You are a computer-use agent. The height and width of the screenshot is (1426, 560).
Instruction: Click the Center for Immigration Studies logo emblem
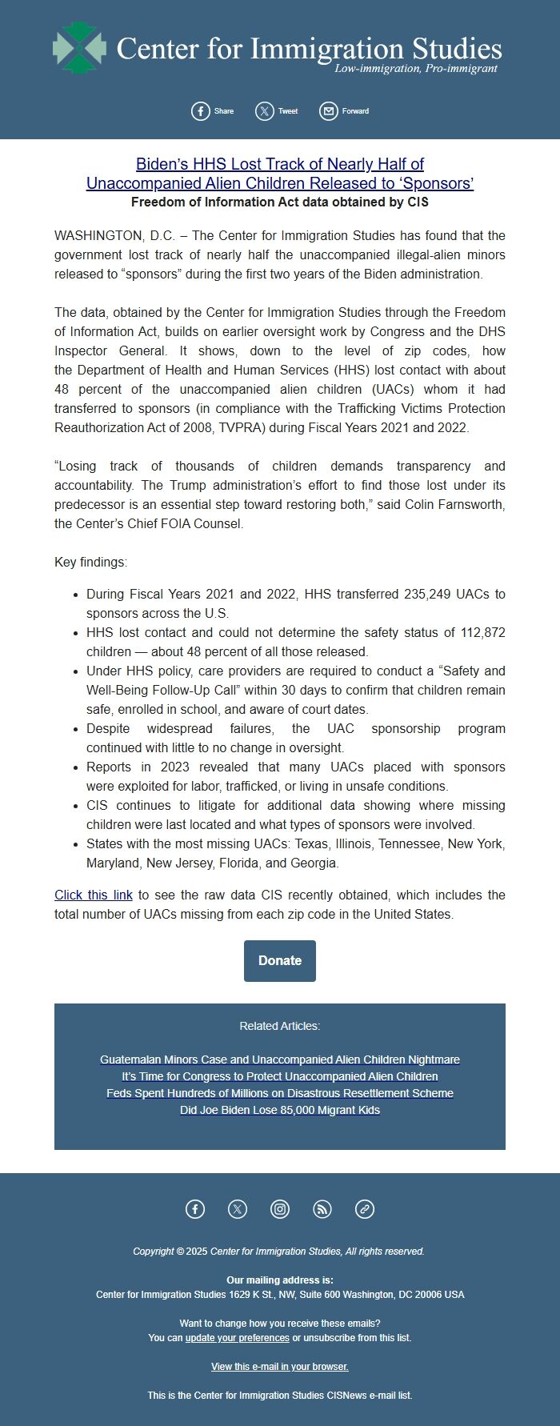click(x=79, y=48)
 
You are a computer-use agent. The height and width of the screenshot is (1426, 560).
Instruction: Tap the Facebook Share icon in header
click(x=201, y=111)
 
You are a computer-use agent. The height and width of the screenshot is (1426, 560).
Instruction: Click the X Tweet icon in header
click(x=265, y=111)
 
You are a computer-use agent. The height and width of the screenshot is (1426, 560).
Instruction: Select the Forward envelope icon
click(x=329, y=111)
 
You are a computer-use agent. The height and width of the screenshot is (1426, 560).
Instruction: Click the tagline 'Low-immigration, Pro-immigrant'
click(x=415, y=69)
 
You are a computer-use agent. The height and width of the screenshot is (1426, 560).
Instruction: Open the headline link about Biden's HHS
click(x=280, y=174)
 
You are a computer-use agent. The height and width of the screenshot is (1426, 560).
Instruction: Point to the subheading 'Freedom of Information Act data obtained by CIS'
click(x=280, y=202)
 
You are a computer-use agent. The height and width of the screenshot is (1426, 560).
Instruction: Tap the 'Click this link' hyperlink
click(x=94, y=895)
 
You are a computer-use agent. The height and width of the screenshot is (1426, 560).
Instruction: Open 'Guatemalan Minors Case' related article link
click(x=280, y=1059)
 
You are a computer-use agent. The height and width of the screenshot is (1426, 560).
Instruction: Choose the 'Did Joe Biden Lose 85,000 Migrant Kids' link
click(x=280, y=1110)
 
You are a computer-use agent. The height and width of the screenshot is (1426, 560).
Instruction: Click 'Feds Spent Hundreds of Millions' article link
click(x=280, y=1093)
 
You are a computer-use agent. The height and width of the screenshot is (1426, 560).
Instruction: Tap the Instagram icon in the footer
click(x=280, y=1209)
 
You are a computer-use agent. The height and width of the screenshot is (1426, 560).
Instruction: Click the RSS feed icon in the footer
click(x=322, y=1209)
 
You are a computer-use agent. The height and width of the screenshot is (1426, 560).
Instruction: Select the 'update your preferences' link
click(x=237, y=1338)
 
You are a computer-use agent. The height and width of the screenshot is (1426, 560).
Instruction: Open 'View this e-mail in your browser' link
click(x=280, y=1367)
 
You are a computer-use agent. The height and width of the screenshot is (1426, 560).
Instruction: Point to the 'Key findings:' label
click(x=90, y=562)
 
